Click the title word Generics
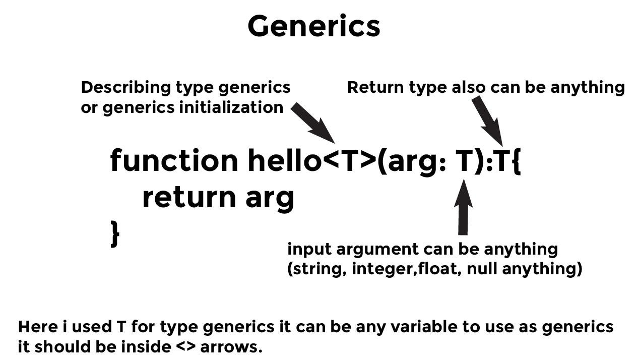point(314,26)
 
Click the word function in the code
point(174,160)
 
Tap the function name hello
point(285,160)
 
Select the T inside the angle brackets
point(350,160)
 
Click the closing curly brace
point(115,234)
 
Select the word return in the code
point(189,197)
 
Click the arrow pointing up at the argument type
point(463,207)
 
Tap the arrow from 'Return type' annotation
point(487,121)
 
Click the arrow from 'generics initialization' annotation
point(313,123)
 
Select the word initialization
point(231,107)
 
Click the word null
point(482,268)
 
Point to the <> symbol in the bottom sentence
point(186,346)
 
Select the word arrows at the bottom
point(231,347)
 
